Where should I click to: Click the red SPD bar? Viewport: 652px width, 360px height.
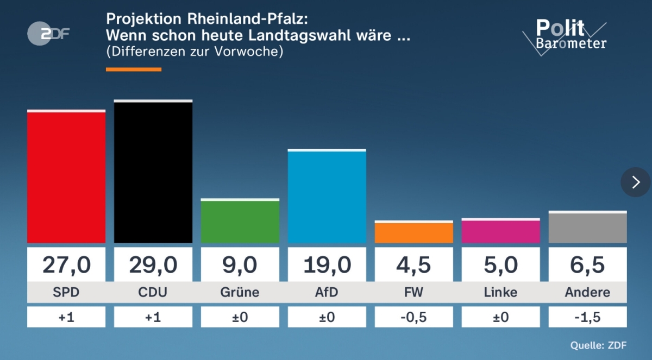[x=66, y=178]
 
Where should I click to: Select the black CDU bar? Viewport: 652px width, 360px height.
[x=153, y=172]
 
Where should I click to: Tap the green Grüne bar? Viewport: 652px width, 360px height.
[x=240, y=222]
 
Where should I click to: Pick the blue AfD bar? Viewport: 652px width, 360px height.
[x=327, y=197]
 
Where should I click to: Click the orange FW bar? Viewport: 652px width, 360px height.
[x=414, y=232]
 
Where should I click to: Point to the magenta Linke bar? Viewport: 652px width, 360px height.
[x=501, y=231]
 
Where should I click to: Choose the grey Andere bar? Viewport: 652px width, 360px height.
[x=588, y=228]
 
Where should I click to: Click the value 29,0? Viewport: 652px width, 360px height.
[x=153, y=265]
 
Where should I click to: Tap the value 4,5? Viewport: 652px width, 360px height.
[x=414, y=265]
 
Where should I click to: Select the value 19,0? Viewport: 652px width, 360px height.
[x=327, y=265]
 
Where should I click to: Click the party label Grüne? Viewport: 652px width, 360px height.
[x=240, y=292]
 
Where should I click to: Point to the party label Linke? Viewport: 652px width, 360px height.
[x=501, y=292]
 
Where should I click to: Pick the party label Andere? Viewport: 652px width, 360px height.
[x=588, y=292]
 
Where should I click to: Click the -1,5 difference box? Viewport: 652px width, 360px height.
[x=588, y=317]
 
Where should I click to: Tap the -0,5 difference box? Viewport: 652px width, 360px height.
[x=414, y=317]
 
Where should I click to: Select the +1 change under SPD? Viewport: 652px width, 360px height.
[x=66, y=317]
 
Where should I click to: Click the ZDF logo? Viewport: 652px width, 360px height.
[x=48, y=34]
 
